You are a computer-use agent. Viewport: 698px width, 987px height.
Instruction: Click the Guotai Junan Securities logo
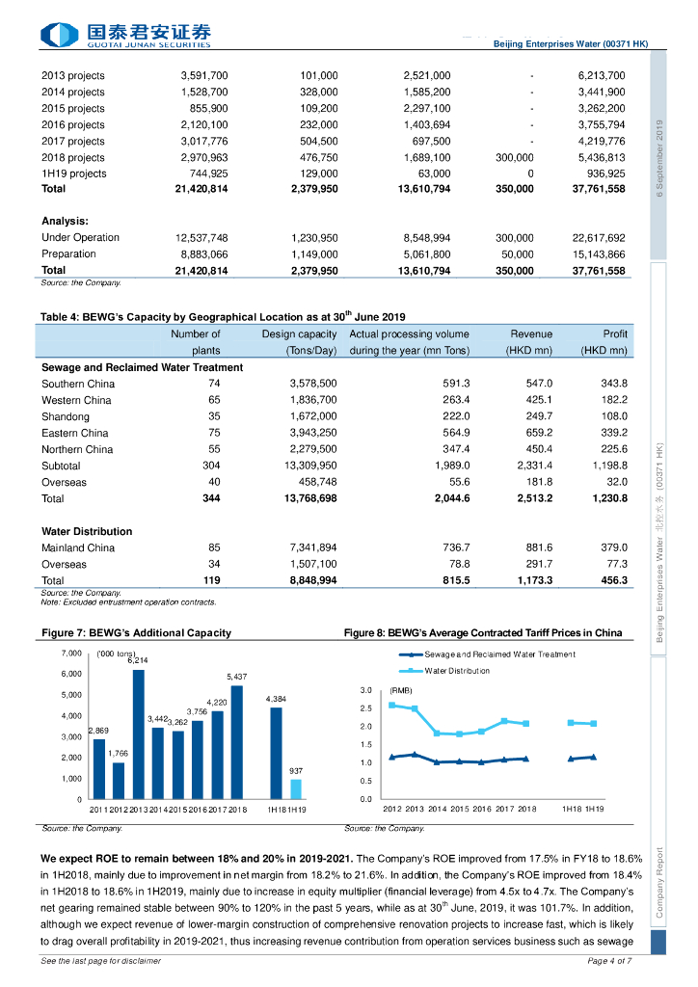pyautogui.click(x=125, y=36)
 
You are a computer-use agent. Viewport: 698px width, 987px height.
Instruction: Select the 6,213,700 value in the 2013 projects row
pyautogui.click(x=602, y=75)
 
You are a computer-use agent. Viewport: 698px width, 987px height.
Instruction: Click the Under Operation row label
pyautogui.click(x=80, y=237)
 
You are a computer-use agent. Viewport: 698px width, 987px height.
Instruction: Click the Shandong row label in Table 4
pyautogui.click(x=66, y=416)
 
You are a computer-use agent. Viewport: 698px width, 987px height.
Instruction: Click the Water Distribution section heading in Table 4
pyautogui.click(x=87, y=531)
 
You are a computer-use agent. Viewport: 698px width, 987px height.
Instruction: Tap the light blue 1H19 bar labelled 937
pyautogui.click(x=296, y=788)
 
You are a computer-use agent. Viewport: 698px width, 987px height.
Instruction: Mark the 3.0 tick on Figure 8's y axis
pyautogui.click(x=366, y=690)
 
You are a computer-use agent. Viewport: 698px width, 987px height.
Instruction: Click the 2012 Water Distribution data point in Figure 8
pyautogui.click(x=392, y=705)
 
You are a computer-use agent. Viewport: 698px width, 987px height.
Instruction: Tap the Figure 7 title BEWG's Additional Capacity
pyautogui.click(x=136, y=633)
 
